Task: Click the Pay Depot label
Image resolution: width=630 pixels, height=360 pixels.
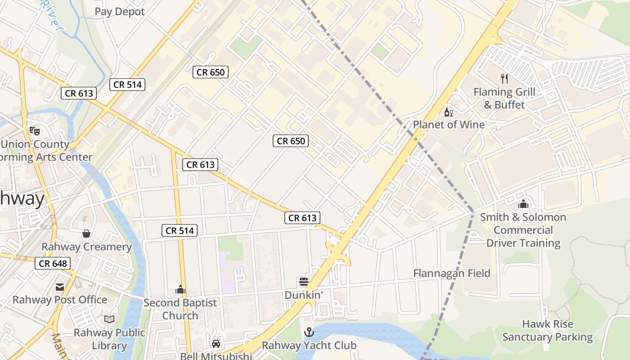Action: (x=120, y=12)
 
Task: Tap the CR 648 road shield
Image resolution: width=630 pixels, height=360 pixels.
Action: (x=53, y=263)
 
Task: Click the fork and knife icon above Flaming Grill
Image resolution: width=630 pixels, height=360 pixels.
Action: (x=504, y=79)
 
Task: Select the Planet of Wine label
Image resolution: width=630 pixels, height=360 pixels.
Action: (x=449, y=125)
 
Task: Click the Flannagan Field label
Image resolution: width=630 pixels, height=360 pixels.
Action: (x=452, y=273)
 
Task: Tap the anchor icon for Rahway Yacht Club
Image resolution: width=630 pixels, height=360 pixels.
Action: (x=309, y=333)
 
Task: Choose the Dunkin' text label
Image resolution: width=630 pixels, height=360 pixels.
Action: (x=304, y=295)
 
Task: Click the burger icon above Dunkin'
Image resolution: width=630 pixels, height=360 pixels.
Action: (x=304, y=282)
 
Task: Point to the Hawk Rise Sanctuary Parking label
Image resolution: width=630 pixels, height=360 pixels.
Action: (x=547, y=330)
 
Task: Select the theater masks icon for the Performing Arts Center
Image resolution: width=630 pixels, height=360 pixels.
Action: (x=35, y=131)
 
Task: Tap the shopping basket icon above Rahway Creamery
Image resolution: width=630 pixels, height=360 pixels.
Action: (x=86, y=234)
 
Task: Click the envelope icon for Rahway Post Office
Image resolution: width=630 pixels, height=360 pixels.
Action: (x=59, y=287)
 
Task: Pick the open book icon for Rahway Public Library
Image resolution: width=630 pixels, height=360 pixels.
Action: (x=109, y=319)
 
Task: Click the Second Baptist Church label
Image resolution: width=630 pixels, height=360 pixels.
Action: (x=180, y=309)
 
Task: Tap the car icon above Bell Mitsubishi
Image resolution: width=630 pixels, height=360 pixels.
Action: (x=216, y=343)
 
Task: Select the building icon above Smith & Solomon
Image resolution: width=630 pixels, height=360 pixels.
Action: (x=523, y=204)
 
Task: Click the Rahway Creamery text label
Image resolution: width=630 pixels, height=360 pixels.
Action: (x=86, y=247)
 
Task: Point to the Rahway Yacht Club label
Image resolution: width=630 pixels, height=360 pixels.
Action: (x=309, y=346)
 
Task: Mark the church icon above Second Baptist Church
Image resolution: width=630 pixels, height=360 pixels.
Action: (x=180, y=289)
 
